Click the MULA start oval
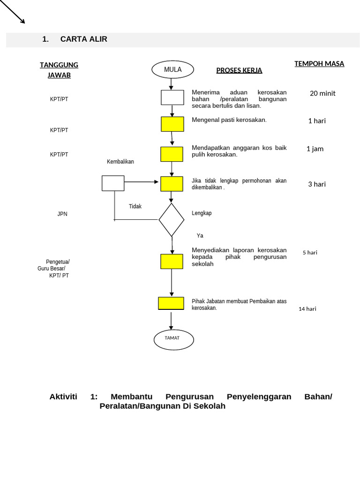172,70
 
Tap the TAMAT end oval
173,339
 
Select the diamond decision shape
172,220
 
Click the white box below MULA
172,97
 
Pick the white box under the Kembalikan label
113,183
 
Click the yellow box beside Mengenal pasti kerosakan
172,124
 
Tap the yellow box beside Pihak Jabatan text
171,303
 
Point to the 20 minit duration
322,93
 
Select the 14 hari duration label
307,309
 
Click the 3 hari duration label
317,184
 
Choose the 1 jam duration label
315,149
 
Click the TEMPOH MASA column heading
319,64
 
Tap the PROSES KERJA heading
239,71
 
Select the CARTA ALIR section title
83,39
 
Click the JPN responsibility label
62,214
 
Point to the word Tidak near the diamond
135,206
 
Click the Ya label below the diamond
200,236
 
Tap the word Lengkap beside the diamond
202,213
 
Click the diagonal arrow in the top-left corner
13,11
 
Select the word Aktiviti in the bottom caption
63,397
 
